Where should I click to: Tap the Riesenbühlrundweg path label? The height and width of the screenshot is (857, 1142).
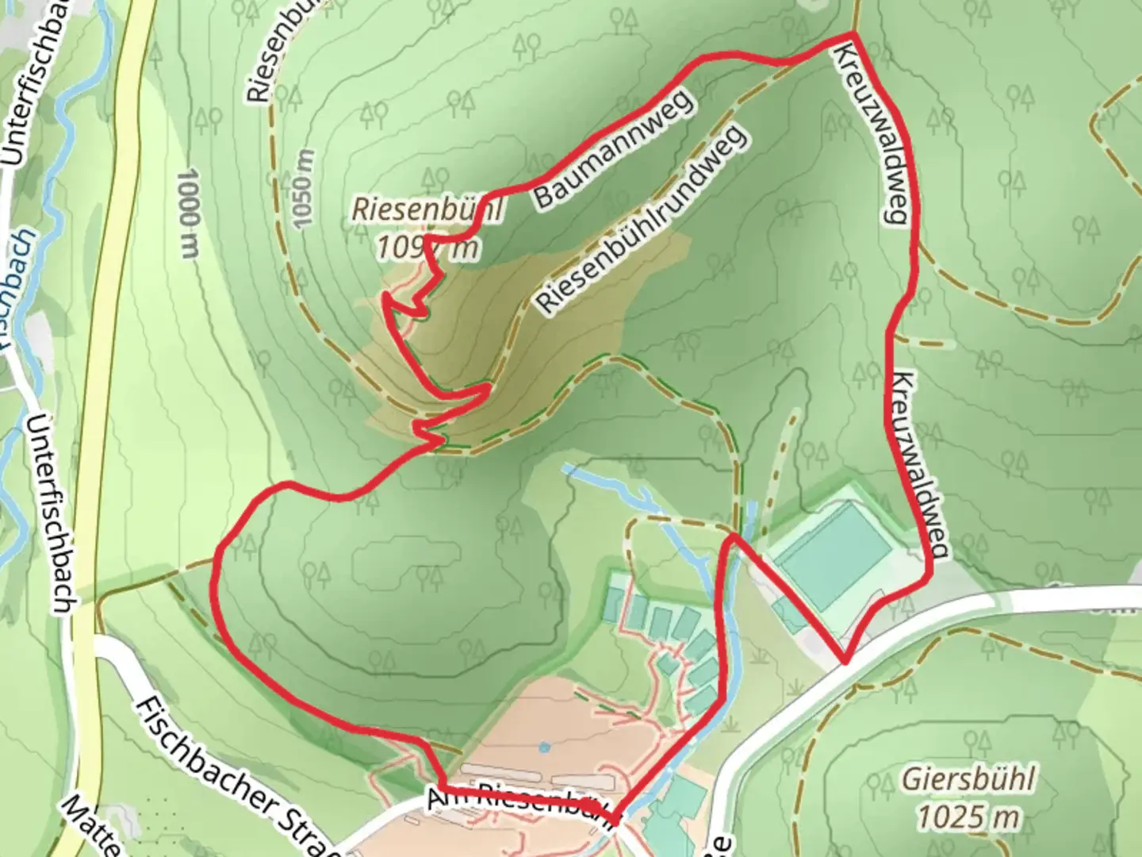pyautogui.click(x=641, y=218)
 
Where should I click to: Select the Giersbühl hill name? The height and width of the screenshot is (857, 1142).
pyautogui.click(x=968, y=779)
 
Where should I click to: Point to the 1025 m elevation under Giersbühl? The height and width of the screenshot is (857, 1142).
pyautogui.click(x=968, y=816)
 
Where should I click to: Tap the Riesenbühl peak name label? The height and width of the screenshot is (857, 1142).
pyautogui.click(x=427, y=210)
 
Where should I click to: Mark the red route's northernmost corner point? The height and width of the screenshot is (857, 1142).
pyautogui.click(x=853, y=33)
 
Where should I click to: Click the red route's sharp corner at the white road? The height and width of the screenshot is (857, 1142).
pyautogui.click(x=845, y=660)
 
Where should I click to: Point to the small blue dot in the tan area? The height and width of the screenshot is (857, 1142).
pyautogui.click(x=543, y=747)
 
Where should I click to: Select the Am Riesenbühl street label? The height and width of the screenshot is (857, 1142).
pyautogui.click(x=519, y=803)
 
